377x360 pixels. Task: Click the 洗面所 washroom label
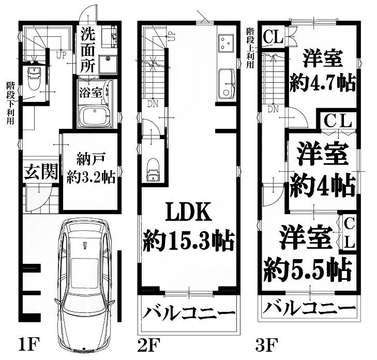tap(88, 50)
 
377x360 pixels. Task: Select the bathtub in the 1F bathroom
tap(94, 116)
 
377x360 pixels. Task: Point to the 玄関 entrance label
tap(41, 171)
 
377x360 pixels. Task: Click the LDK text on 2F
tap(189, 212)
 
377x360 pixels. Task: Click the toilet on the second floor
tap(153, 170)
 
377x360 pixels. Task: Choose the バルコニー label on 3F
tap(309, 308)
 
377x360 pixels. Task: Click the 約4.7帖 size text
tap(323, 83)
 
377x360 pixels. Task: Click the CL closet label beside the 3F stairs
tap(273, 37)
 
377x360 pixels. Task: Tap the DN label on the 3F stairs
tap(273, 110)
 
